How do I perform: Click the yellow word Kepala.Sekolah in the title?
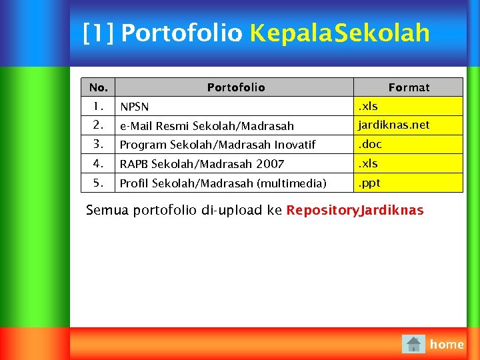click(x=339, y=33)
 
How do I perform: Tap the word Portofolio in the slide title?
click(x=181, y=33)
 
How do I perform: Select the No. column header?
click(x=98, y=87)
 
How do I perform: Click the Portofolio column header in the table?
click(x=235, y=87)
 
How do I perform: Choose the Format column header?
click(x=409, y=87)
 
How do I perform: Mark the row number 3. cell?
click(x=98, y=144)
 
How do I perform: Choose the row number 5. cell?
click(x=98, y=183)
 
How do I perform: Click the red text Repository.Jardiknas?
click(x=355, y=211)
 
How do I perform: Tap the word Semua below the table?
click(x=107, y=211)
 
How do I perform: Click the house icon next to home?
click(x=414, y=344)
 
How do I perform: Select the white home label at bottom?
click(x=447, y=344)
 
